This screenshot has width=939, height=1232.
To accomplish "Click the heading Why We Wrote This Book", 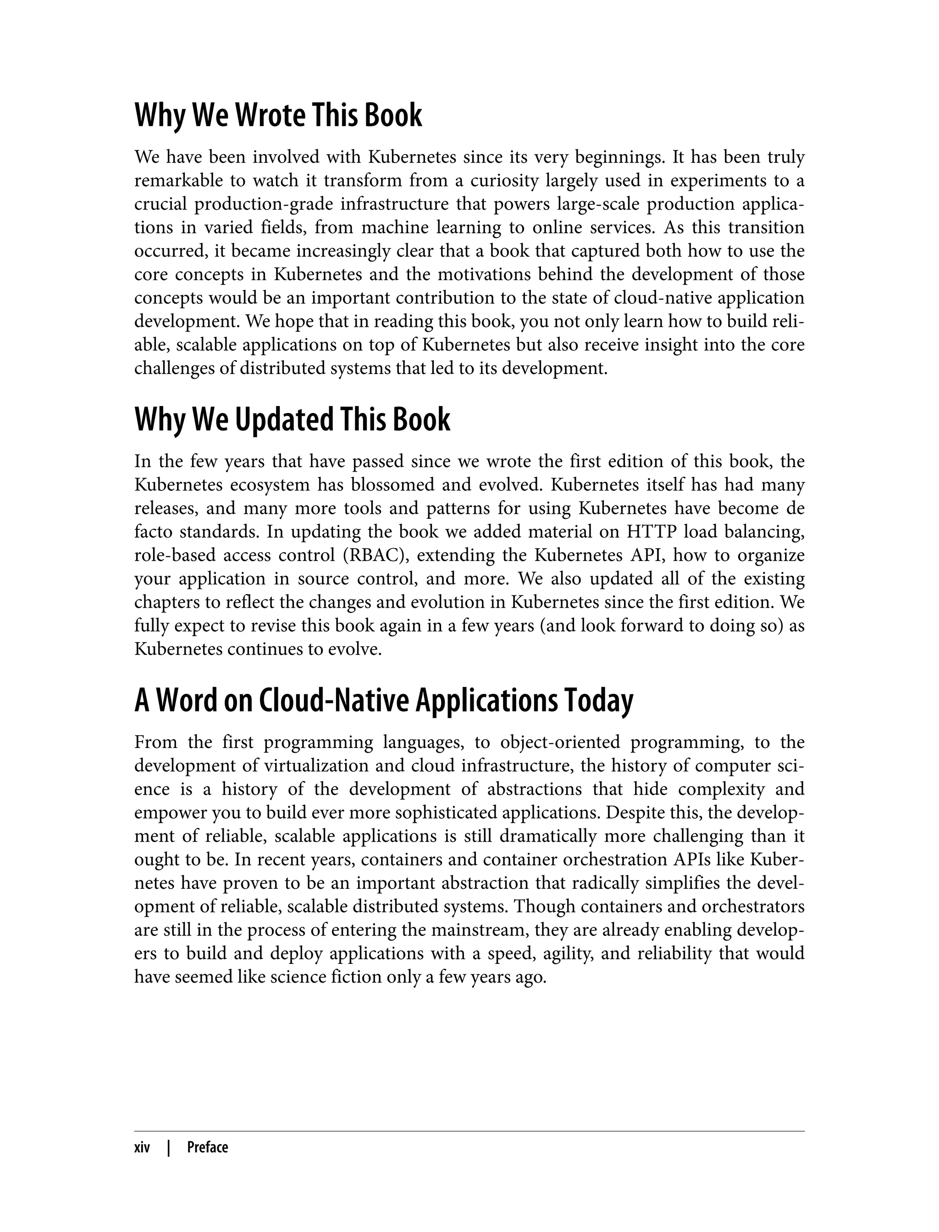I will click(x=278, y=115).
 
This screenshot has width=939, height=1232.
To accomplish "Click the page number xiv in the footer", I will click(x=142, y=1148).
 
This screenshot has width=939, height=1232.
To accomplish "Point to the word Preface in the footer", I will click(x=207, y=1148).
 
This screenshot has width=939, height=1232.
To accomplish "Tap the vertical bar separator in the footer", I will click(x=169, y=1148).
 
